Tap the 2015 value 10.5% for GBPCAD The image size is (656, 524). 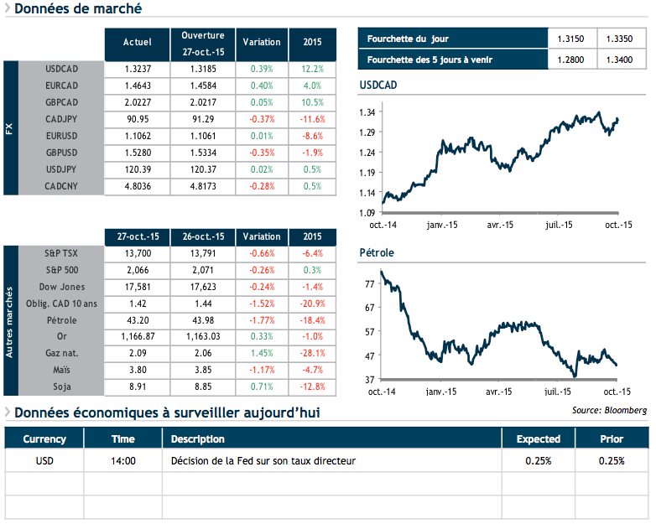(311, 101)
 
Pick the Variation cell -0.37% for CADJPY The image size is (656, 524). (261, 118)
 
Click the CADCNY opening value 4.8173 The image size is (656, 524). (202, 185)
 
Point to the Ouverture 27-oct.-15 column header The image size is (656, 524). (202, 43)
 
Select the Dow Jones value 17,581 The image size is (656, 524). (137, 286)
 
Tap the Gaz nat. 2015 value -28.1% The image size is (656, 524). (311, 353)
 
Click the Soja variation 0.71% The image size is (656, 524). (261, 387)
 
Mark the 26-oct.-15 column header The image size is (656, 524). (202, 236)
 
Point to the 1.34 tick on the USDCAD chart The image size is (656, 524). (366, 112)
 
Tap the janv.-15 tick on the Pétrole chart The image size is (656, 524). (441, 392)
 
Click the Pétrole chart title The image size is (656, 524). (377, 252)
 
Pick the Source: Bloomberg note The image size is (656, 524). (609, 410)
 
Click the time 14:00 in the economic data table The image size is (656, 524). (123, 460)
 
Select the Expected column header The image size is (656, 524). (538, 438)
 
